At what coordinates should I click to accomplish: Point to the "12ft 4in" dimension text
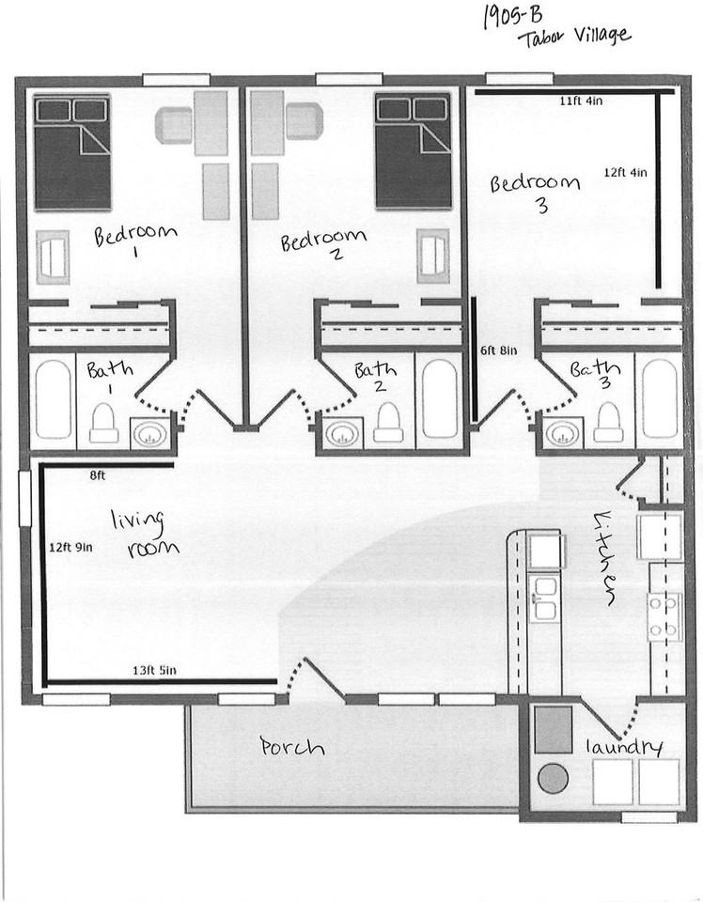coord(625,172)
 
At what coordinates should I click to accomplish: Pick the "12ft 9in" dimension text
coord(73,545)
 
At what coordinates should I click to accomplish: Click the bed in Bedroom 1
coord(72,152)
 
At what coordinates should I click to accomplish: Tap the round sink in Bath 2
coord(338,434)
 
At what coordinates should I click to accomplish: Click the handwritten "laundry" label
coord(624,747)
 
